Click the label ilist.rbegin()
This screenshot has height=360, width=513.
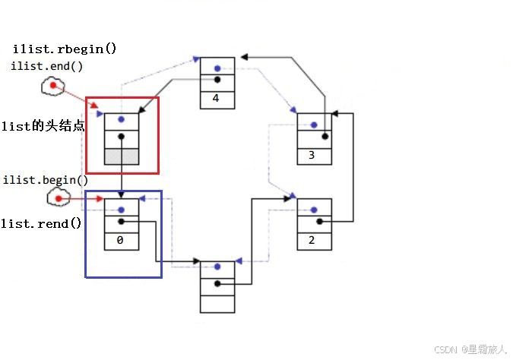pyautogui.click(x=65, y=49)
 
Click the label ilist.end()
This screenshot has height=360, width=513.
pyautogui.click(x=47, y=66)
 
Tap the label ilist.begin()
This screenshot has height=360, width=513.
pyautogui.click(x=46, y=180)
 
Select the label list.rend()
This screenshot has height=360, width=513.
pyautogui.click(x=41, y=224)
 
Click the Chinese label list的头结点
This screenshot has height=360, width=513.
pyautogui.click(x=43, y=125)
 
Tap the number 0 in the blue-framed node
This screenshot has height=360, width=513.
pyautogui.click(x=121, y=240)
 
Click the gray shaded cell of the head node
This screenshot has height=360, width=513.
pyautogui.click(x=121, y=156)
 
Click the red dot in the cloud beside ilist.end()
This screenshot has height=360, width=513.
pyautogui.click(x=53, y=86)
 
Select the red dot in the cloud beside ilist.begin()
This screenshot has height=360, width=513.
pyautogui.click(x=58, y=198)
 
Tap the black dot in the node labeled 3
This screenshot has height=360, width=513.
pyautogui.click(x=325, y=137)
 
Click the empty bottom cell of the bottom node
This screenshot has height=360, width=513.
pyautogui.click(x=217, y=303)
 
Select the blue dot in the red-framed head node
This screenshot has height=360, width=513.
pyautogui.click(x=121, y=120)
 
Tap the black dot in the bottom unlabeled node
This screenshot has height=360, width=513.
pyautogui.click(x=217, y=284)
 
